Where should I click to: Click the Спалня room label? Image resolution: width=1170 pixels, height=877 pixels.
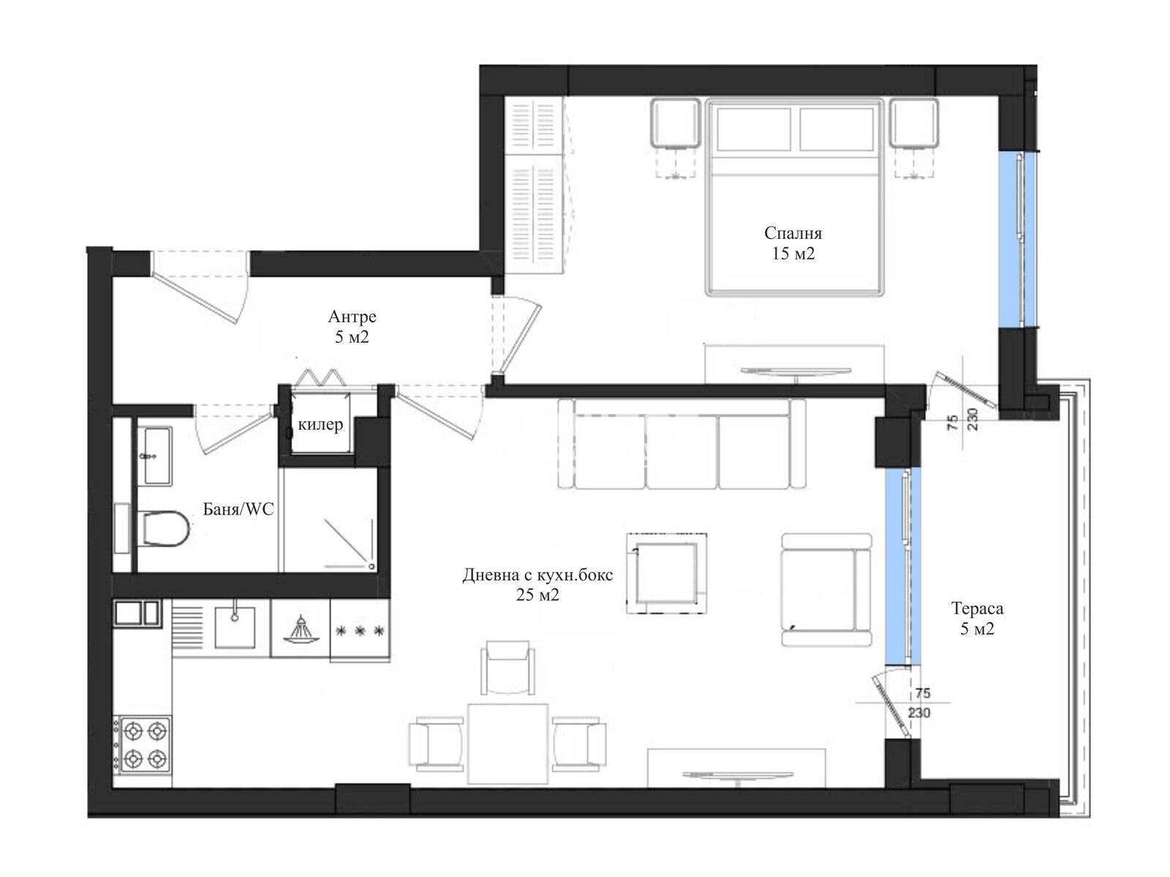click(x=793, y=233)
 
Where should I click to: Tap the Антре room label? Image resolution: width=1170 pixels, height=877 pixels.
click(x=352, y=317)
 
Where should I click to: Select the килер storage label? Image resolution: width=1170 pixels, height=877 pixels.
click(x=320, y=425)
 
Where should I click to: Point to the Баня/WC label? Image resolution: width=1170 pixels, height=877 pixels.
click(x=238, y=509)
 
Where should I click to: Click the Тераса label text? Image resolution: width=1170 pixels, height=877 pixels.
click(x=977, y=608)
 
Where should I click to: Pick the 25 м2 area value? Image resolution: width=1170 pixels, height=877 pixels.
click(x=537, y=595)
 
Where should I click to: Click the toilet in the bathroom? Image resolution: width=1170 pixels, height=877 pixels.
click(x=166, y=528)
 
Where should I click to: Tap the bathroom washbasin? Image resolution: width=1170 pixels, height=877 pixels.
click(x=158, y=456)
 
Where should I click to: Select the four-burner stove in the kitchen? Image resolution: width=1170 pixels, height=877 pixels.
click(x=142, y=745)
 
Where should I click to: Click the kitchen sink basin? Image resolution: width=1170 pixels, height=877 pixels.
click(x=235, y=628)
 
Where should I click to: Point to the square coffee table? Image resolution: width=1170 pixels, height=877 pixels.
click(x=666, y=574)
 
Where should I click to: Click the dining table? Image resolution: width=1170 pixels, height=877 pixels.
click(x=508, y=744)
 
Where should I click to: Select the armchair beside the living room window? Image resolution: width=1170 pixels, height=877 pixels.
click(x=826, y=590)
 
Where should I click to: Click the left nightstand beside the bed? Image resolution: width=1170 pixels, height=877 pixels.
click(x=675, y=123)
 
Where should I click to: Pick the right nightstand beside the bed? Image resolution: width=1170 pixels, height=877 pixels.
click(x=913, y=123)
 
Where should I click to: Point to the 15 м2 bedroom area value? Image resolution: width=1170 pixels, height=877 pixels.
click(x=793, y=254)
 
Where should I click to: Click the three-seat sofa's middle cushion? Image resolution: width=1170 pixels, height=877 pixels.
click(x=682, y=452)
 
